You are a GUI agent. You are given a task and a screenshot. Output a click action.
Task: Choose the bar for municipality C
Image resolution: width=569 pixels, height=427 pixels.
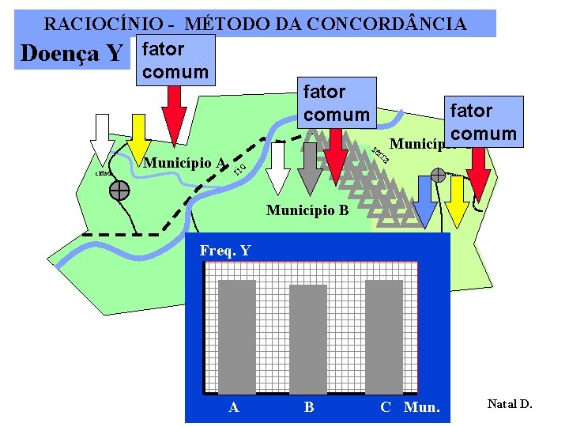click(383, 336)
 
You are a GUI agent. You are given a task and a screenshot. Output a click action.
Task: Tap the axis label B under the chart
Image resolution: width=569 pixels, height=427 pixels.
click(309, 407)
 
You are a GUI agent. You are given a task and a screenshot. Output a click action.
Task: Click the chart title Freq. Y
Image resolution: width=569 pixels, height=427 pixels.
click(225, 251)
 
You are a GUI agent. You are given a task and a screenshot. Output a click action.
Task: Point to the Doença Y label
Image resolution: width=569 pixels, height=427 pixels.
click(71, 54)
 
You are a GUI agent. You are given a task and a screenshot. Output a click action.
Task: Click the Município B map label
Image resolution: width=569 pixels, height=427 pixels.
click(307, 210)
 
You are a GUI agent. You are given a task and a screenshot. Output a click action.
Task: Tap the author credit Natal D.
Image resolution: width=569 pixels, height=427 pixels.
click(510, 404)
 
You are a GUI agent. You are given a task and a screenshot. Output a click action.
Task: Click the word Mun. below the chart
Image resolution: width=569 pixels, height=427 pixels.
click(422, 407)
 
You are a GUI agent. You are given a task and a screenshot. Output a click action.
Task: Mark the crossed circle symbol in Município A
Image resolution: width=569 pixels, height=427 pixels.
click(120, 190)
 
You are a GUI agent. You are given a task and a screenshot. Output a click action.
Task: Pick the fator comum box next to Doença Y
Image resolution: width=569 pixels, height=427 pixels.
click(173, 60)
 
